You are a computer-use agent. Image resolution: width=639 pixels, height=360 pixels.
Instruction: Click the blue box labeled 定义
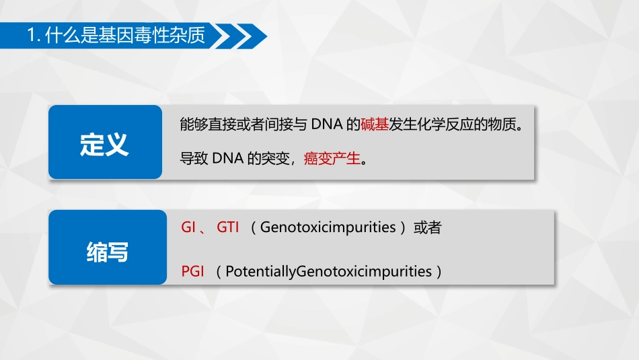coord(105,143)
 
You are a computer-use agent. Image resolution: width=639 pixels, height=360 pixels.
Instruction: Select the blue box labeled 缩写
coord(107,251)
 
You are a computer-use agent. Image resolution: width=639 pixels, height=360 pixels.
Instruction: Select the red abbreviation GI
coord(188,227)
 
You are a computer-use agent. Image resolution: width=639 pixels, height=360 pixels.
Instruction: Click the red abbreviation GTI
coord(227,227)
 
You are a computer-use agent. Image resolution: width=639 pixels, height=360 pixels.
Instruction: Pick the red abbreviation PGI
coord(192,272)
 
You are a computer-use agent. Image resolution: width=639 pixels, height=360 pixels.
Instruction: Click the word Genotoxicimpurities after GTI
coord(328,227)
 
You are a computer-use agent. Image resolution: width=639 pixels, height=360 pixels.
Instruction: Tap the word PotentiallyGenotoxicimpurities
coord(328,272)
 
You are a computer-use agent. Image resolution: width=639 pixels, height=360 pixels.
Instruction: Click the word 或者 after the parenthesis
coord(427,227)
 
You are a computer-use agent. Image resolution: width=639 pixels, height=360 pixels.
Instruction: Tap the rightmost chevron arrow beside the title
coord(254,36)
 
